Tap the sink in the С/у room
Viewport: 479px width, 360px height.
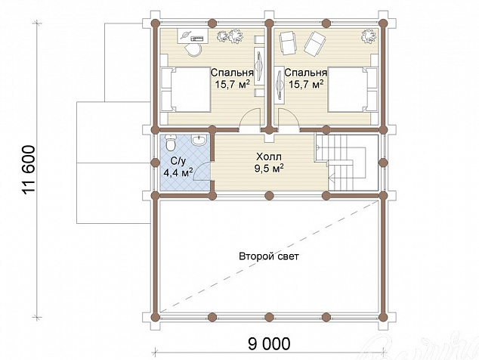(x=199, y=141)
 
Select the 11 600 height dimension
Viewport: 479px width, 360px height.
(x=29, y=169)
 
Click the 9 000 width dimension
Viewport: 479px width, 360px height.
(x=269, y=344)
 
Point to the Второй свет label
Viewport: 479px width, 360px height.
(x=269, y=256)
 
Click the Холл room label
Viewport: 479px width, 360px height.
(x=269, y=157)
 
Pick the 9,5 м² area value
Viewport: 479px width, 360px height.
(x=269, y=168)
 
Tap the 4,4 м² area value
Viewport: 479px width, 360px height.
(x=178, y=172)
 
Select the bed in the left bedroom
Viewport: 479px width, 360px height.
(x=185, y=89)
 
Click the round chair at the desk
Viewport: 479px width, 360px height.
(x=193, y=49)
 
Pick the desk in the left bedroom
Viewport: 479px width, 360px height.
(x=193, y=36)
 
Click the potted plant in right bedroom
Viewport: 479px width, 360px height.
(x=369, y=36)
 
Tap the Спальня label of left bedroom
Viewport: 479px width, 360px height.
(x=232, y=73)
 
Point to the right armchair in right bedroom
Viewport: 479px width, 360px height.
(x=314, y=43)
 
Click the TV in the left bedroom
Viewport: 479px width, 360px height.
(x=259, y=65)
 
